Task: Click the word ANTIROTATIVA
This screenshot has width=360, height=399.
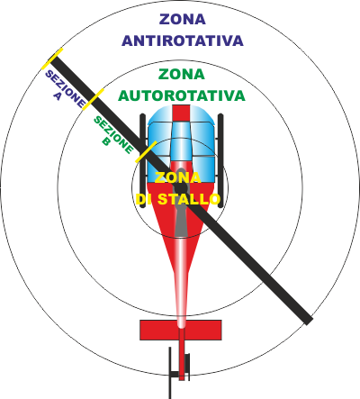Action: pos(183,41)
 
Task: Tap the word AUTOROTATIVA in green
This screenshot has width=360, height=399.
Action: pos(182,95)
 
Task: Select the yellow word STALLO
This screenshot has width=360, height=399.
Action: pos(189,199)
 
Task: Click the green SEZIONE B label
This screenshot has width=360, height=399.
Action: pos(113,135)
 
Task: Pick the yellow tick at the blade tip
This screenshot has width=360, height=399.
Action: pos(52,59)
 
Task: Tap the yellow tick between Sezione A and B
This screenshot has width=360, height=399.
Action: pos(93,99)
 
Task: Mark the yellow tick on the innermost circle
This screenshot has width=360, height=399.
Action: pos(146,151)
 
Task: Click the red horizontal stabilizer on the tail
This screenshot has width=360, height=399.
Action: pos(181,330)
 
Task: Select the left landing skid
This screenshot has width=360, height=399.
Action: pos(143,159)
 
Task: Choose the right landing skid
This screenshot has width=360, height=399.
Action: pos(220,160)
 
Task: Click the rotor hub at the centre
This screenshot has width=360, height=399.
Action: pos(181,187)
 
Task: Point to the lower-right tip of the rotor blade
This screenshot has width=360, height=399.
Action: pos(309,322)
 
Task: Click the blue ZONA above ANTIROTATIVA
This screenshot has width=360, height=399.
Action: pos(183,20)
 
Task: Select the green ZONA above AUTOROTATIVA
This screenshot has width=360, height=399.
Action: pos(182,74)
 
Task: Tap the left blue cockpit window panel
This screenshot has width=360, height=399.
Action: pos(159,146)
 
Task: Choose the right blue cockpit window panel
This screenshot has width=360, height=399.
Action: pos(202,146)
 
